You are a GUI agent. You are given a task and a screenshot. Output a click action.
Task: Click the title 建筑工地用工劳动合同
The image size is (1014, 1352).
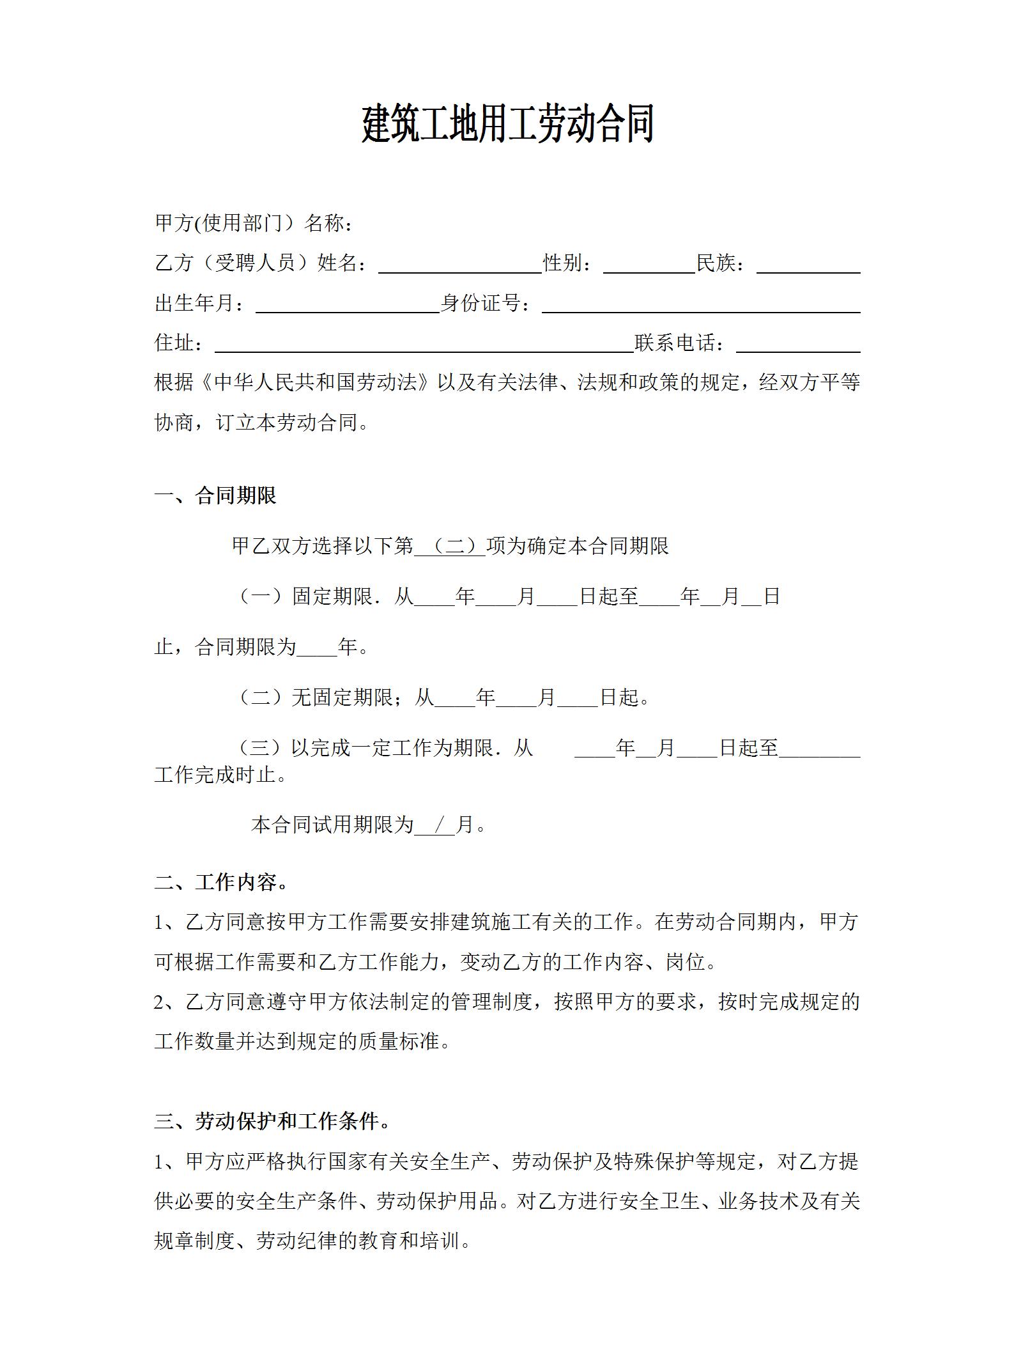508,125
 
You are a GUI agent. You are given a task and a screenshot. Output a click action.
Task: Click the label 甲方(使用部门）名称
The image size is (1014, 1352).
254,224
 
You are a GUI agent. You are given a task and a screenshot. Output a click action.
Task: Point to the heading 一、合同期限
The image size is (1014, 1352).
215,496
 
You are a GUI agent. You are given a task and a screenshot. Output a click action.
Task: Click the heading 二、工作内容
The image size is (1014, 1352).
221,883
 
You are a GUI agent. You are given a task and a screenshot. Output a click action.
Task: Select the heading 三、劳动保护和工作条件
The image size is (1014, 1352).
272,1121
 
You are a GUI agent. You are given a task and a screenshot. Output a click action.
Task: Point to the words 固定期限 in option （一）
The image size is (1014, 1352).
332,596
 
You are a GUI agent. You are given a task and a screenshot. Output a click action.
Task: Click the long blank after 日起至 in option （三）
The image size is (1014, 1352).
819,749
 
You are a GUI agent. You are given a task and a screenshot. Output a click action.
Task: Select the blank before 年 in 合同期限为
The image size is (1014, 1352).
317,648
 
